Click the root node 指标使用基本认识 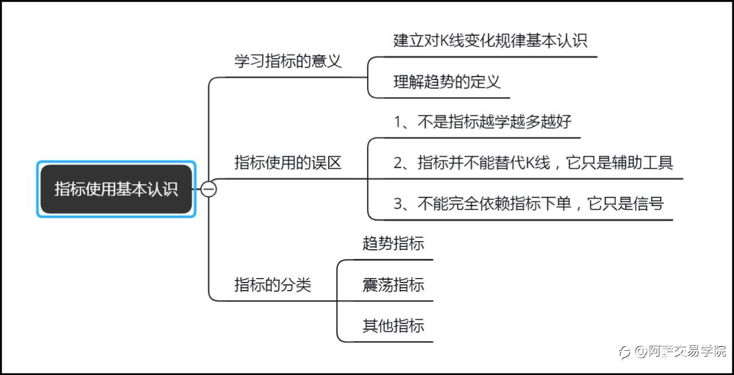pyautogui.click(x=116, y=189)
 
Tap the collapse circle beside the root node pyautogui.click(x=208, y=189)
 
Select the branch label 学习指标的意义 pyautogui.click(x=288, y=61)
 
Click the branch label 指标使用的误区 pyautogui.click(x=288, y=163)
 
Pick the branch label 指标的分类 pyautogui.click(x=273, y=285)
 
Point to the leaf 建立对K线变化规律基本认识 pyautogui.click(x=490, y=41)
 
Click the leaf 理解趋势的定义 pyautogui.click(x=447, y=82)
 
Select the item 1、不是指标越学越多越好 pyautogui.click(x=482, y=122)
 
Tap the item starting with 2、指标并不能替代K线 pyautogui.click(x=533, y=163)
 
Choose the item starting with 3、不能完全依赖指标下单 pyautogui.click(x=528, y=203)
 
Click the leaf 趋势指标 pyautogui.click(x=393, y=243)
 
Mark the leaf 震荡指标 pyautogui.click(x=393, y=284)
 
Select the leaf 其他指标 pyautogui.click(x=393, y=326)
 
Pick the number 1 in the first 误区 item pyautogui.click(x=397, y=122)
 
